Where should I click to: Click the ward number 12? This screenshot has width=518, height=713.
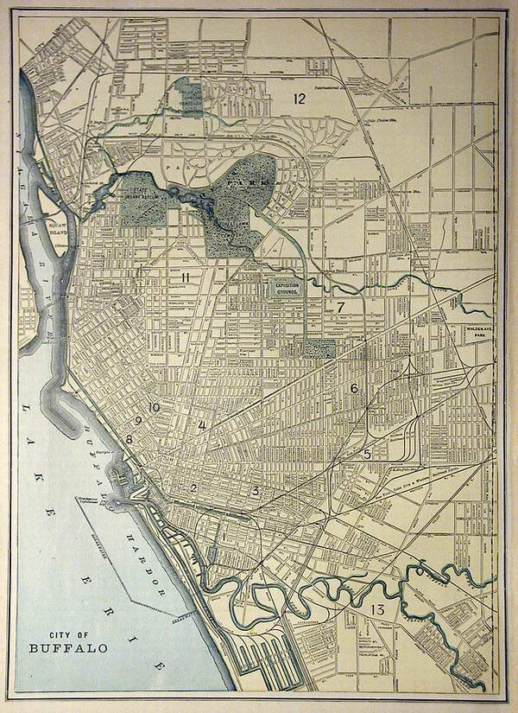[299, 99]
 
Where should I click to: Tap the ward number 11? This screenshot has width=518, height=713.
[186, 276]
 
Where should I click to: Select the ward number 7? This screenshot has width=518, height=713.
[341, 307]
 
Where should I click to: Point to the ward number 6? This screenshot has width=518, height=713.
[353, 389]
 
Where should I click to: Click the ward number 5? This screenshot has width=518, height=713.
[366, 453]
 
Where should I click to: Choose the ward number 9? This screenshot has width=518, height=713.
[138, 420]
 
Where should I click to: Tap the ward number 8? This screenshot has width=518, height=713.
[129, 439]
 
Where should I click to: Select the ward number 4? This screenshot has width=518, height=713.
[202, 425]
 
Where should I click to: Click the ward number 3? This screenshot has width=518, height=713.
[255, 490]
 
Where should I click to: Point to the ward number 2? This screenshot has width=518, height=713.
[195, 488]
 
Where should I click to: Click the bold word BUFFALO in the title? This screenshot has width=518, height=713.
[61, 647]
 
